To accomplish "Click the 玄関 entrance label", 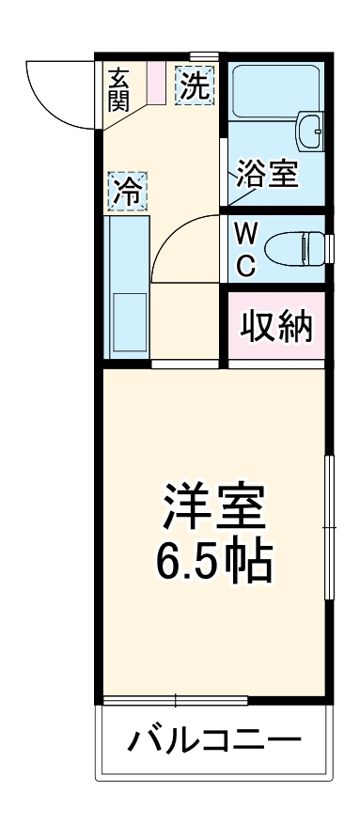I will pyautogui.click(x=118, y=89).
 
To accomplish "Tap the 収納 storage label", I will pyautogui.click(x=275, y=327).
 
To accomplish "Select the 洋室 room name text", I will pyautogui.click(x=215, y=507).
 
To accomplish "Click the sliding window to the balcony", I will pyautogui.click(x=176, y=700).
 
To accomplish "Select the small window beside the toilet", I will pyautogui.click(x=331, y=248).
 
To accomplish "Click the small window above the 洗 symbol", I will pyautogui.click(x=204, y=57).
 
